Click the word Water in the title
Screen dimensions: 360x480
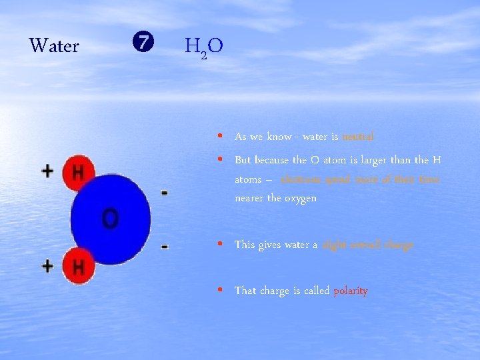54,46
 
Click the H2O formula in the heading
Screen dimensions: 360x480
204,47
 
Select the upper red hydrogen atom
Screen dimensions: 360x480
78,173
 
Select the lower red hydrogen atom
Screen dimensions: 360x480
78,268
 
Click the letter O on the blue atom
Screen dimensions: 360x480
111,218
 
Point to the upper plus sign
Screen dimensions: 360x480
48,171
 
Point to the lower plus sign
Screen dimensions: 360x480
48,267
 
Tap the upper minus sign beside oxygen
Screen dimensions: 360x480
164,193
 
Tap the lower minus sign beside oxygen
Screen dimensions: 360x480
164,247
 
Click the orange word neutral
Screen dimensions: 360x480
358,137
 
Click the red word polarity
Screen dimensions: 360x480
351,291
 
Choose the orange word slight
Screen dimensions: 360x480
334,245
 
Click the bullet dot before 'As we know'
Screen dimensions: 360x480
220,136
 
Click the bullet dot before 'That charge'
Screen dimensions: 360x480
220,291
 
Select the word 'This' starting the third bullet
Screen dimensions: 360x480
245,245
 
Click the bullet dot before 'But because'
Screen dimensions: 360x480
220,160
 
